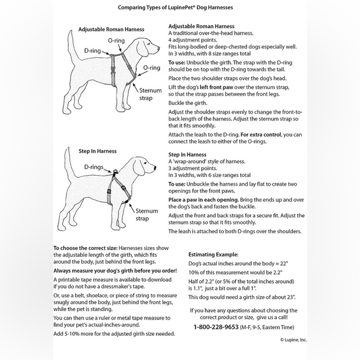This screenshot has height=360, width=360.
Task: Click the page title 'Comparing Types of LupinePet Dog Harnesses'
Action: click(176, 7)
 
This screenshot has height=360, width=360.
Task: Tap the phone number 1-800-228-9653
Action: click(216, 327)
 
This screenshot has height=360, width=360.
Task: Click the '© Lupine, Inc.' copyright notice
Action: click(294, 340)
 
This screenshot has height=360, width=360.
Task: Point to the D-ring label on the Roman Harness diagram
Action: click(92, 51)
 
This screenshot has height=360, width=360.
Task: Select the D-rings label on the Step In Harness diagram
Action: click(94, 167)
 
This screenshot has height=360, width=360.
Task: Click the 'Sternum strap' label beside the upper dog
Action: click(150, 94)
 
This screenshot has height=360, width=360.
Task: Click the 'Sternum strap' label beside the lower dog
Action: click(146, 215)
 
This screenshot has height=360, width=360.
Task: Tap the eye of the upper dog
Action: click(150, 43)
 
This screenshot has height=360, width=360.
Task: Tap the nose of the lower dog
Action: click(155, 168)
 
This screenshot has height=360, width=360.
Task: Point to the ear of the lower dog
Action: click(138, 168)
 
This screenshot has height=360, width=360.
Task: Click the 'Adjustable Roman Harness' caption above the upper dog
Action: click(111, 29)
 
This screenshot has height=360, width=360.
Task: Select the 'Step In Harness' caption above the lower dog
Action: click(97, 151)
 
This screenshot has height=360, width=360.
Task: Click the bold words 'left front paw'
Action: click(216, 88)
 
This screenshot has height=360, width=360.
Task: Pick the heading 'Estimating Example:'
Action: click(214, 254)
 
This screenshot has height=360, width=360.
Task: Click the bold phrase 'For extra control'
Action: click(261, 135)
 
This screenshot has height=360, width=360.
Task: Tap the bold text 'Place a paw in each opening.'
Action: click(204, 200)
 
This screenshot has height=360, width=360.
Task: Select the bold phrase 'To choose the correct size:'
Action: click(86, 248)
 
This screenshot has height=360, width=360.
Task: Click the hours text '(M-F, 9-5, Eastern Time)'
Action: click(267, 327)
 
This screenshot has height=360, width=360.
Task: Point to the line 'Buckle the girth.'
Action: click(188, 103)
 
